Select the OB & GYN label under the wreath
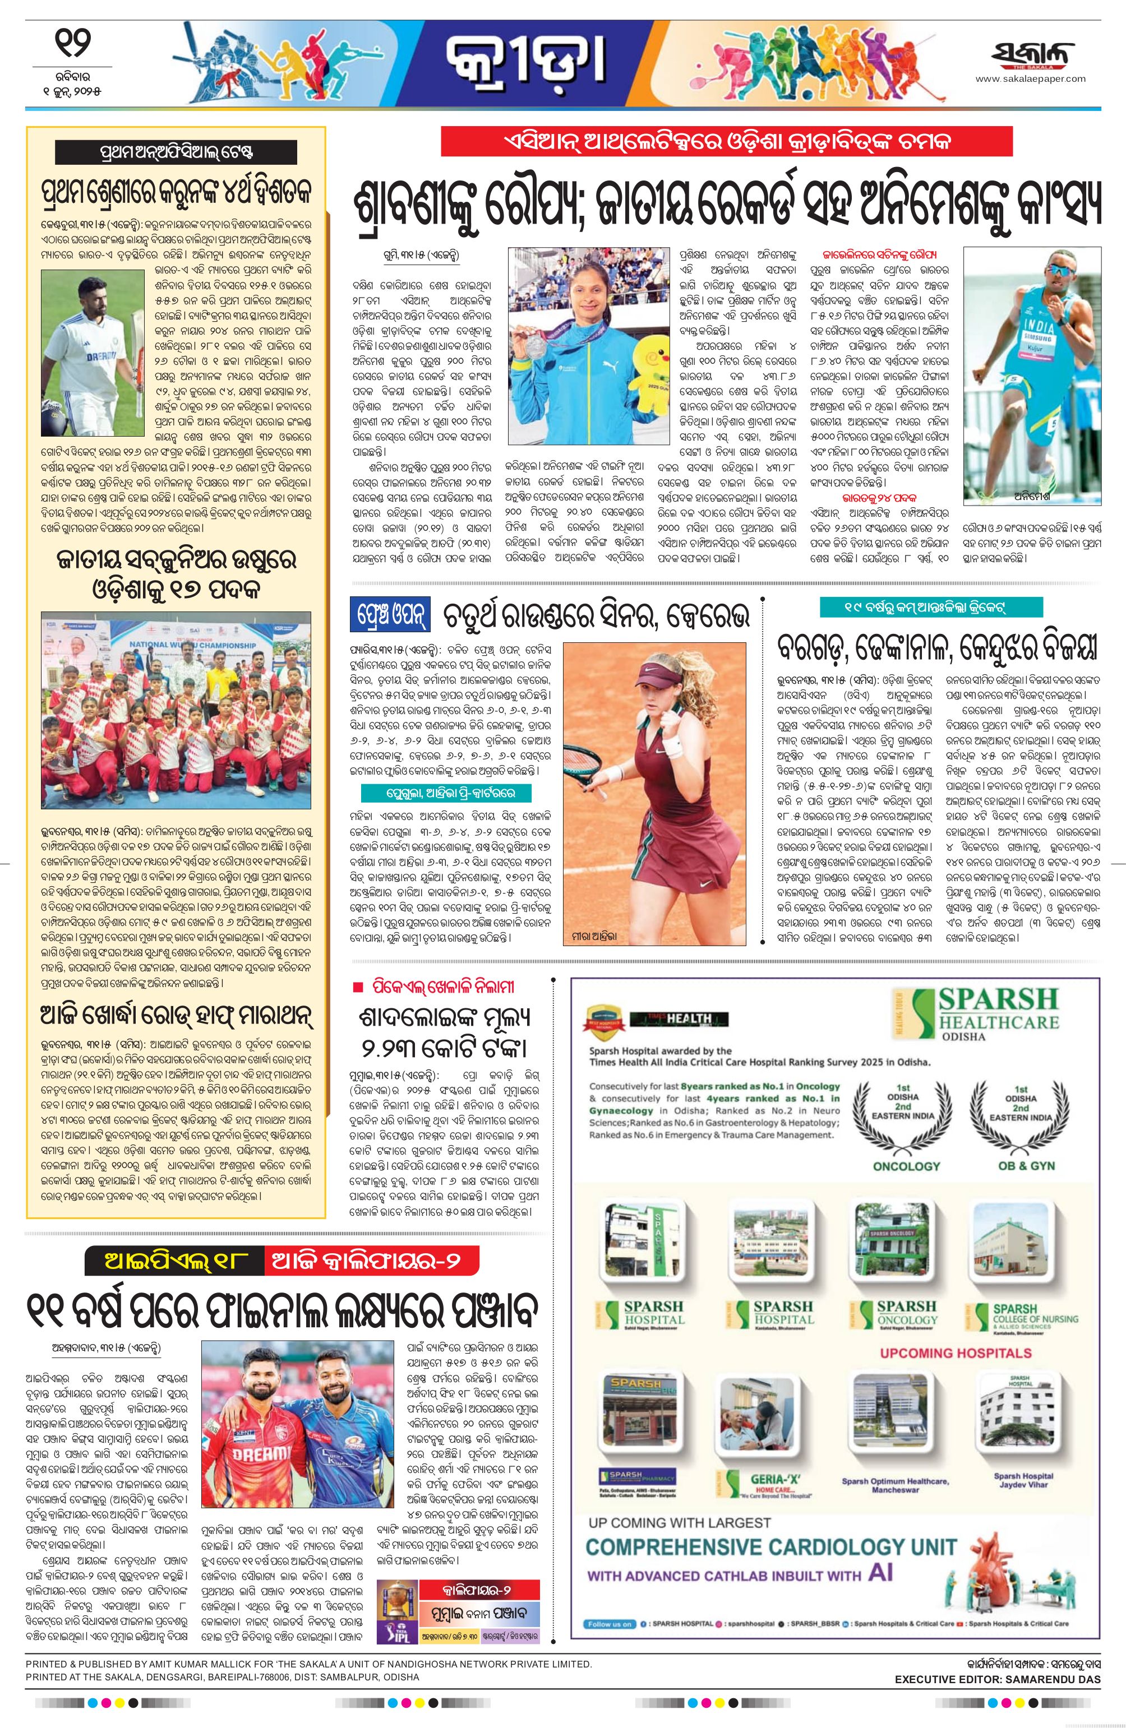tap(1022, 1166)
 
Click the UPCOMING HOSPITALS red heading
tap(956, 1352)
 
